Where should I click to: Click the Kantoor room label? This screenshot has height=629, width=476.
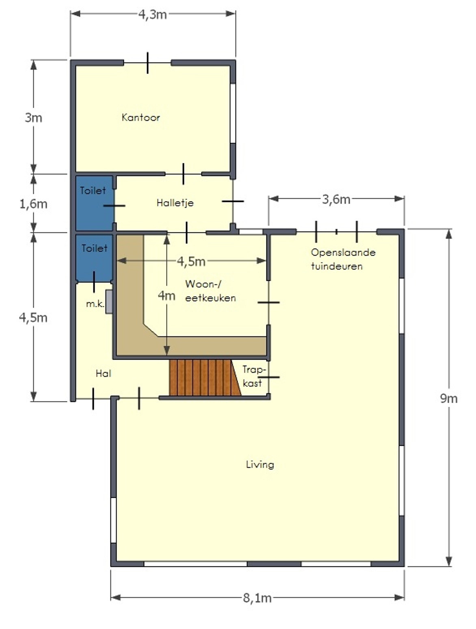pyautogui.click(x=141, y=117)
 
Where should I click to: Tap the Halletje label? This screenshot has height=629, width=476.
pyautogui.click(x=175, y=203)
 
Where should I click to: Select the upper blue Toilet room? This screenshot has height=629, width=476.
pyautogui.click(x=94, y=203)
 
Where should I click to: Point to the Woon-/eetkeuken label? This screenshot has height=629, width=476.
pyautogui.click(x=210, y=291)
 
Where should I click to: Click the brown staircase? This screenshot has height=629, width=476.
pyautogui.click(x=205, y=378)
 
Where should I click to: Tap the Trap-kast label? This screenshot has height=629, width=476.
pyautogui.click(x=252, y=376)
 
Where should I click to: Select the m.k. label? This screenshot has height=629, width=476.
pyautogui.click(x=95, y=304)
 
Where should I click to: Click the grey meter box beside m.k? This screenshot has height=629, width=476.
pyautogui.click(x=109, y=302)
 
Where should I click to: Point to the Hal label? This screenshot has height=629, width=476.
pyautogui.click(x=104, y=373)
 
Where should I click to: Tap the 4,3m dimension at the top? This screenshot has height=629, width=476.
pyautogui.click(x=152, y=14)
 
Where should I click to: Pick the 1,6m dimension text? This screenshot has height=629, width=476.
pyautogui.click(x=33, y=204)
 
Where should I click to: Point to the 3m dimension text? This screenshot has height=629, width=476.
pyautogui.click(x=34, y=117)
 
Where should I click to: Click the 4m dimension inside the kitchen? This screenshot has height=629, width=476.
pyautogui.click(x=167, y=296)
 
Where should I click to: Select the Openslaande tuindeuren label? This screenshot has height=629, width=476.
pyautogui.click(x=343, y=259)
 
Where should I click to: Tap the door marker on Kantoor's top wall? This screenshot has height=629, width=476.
pyautogui.click(x=147, y=63)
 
